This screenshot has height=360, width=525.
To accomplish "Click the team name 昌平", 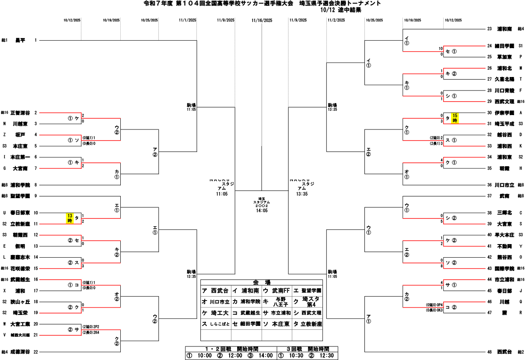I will [x=20, y=40].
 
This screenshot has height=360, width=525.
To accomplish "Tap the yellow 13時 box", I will [x=70, y=218].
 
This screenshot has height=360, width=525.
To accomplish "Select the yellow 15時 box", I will [x=455, y=118].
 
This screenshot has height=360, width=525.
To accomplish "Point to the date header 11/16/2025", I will [x=262, y=20].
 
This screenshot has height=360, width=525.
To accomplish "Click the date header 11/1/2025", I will [x=188, y=20].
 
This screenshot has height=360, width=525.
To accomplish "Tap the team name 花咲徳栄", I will [x=20, y=268].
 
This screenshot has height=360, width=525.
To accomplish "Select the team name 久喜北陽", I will [x=504, y=79].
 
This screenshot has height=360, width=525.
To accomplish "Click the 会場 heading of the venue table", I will [x=262, y=282].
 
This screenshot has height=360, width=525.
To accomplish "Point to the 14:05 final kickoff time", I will [x=262, y=210].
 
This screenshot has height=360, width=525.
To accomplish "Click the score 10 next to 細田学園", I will [x=441, y=49].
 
